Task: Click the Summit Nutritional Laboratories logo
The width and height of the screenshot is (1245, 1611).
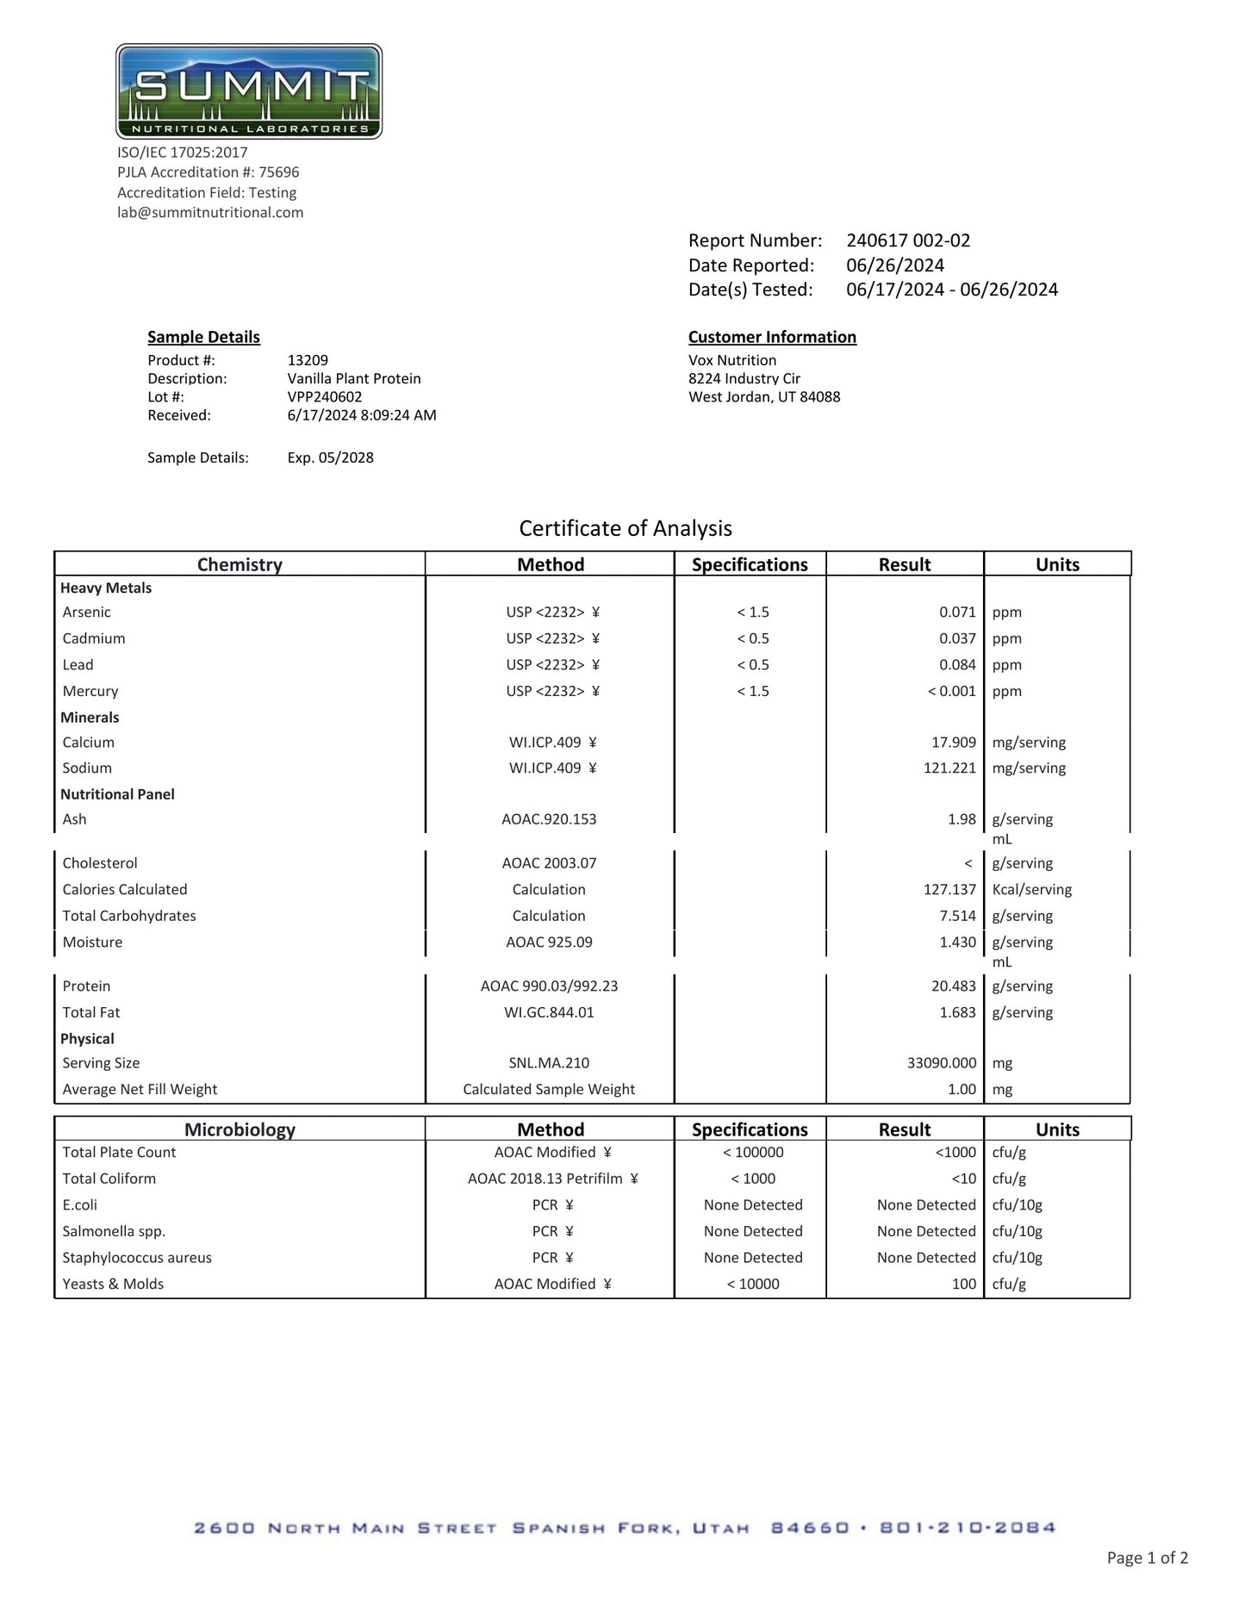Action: [x=249, y=91]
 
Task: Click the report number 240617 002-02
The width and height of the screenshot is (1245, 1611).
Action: [x=908, y=240]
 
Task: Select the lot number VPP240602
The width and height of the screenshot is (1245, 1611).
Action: [x=325, y=397]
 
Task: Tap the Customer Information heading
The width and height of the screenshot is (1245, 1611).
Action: [x=772, y=337]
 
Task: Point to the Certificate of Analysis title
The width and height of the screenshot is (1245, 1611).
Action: [x=626, y=528]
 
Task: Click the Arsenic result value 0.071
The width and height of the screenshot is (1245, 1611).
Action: [x=957, y=613]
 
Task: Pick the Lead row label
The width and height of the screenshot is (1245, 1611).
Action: [x=78, y=665]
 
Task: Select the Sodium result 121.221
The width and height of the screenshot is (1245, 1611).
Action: [x=949, y=768]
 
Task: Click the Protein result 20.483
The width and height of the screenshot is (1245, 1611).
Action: [x=953, y=986]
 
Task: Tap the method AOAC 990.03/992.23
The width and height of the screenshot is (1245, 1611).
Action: [x=549, y=986]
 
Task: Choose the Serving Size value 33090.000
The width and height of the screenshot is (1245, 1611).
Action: [x=942, y=1063]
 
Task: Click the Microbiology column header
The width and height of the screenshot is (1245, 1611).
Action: [x=240, y=1129]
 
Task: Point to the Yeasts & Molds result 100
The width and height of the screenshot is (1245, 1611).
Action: [x=963, y=1284]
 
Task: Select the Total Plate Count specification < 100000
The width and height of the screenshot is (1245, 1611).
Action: [x=753, y=1153]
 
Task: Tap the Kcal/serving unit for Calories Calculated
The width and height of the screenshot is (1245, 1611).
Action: [x=1032, y=890]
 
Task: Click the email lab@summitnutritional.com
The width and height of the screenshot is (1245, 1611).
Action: [x=210, y=213]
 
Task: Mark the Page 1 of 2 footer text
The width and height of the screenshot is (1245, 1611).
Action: [x=1148, y=1558]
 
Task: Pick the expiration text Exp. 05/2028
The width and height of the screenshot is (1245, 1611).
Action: [x=331, y=457]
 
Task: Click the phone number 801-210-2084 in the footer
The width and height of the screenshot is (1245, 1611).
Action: [x=967, y=1528]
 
